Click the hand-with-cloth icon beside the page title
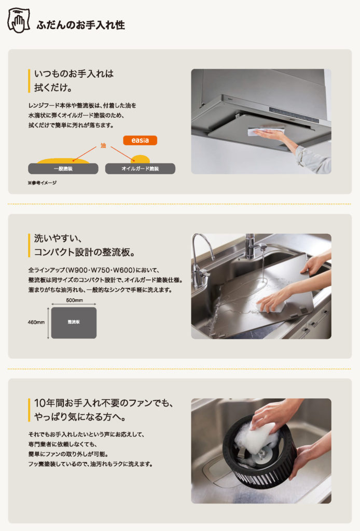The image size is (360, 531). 19,21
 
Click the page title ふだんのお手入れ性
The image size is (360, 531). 80,25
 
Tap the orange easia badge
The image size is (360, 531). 140,140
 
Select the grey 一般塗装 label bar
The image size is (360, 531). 63,169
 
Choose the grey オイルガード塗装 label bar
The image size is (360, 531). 140,169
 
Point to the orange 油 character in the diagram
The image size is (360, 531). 103,146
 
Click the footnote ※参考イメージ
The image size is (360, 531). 43,183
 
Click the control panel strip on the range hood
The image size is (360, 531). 294,115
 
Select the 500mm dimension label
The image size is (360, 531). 75,300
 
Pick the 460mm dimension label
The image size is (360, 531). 36,323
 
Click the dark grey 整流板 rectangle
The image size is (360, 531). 74,323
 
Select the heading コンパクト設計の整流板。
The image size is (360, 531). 85,253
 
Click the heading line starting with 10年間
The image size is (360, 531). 104,403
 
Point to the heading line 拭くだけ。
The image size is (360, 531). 53,88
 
